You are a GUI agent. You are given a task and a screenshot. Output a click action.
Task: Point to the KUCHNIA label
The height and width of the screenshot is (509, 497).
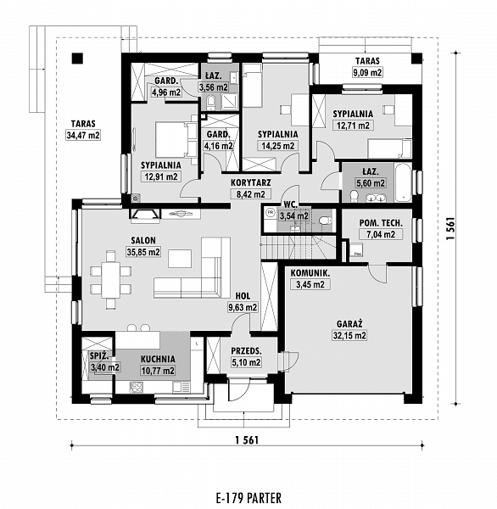tap(157, 359)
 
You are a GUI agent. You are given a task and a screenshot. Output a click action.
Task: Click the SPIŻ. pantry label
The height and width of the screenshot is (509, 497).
tap(98, 356)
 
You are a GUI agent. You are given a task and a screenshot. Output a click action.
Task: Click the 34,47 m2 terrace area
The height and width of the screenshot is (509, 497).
tap(82, 135)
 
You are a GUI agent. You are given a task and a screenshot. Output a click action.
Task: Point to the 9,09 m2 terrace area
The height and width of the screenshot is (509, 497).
tap(367, 73)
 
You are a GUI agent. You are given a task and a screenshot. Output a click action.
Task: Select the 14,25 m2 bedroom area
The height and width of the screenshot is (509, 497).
tap(277, 145)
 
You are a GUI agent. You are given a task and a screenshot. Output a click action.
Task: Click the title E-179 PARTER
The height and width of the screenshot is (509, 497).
tap(248, 497)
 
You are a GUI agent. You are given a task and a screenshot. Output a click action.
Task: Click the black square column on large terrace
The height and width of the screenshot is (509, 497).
tap(78, 58)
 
